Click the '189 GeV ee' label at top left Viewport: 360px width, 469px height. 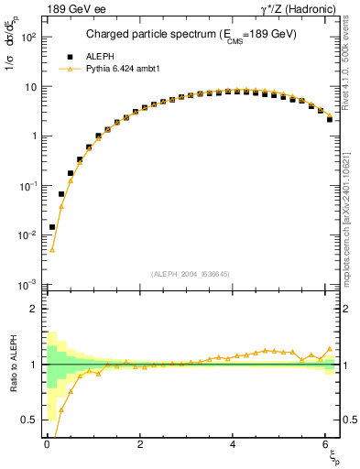tap(73, 9)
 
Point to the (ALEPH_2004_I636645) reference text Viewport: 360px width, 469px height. tap(191, 274)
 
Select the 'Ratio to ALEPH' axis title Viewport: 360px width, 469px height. tap(12, 365)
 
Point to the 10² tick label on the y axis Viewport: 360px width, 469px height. tap(26, 38)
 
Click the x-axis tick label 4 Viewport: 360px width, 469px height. tap(234, 445)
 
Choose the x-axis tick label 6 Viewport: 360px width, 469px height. tap(327, 445)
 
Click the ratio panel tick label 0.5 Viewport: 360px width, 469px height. tap(27, 420)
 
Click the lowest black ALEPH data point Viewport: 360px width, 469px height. tap(52, 227)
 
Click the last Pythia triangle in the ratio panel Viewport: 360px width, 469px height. tap(330, 349)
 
